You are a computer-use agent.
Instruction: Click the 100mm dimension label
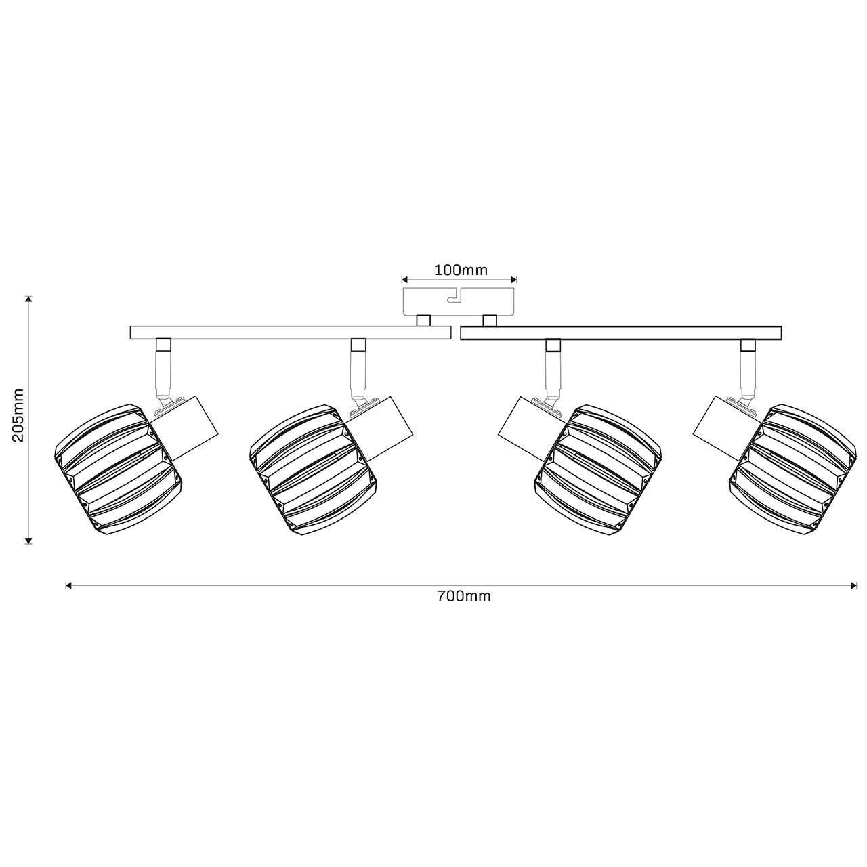461,270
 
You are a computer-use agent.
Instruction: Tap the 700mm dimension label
464,596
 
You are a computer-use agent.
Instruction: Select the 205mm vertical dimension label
18,415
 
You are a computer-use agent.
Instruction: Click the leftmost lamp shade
119,469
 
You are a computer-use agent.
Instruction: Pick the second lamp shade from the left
314,469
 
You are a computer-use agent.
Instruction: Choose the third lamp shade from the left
598,469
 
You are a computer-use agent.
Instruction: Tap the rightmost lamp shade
792,469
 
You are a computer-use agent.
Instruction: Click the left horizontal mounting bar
290,333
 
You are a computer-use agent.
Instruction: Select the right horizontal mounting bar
620,333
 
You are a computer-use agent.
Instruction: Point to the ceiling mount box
459,301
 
